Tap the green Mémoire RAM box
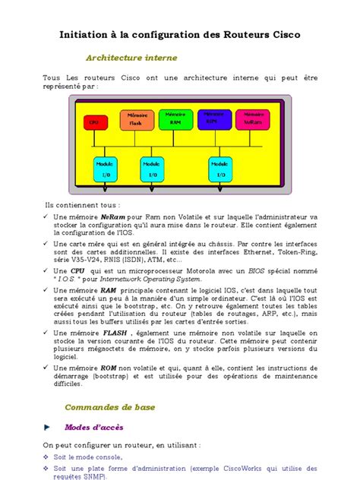176,119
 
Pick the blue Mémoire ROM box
215,118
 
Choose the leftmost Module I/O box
105,169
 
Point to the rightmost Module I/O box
220,169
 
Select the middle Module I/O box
152,169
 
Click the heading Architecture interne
131,58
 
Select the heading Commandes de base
109,407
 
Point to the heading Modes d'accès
93,428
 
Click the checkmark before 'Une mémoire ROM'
46,367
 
